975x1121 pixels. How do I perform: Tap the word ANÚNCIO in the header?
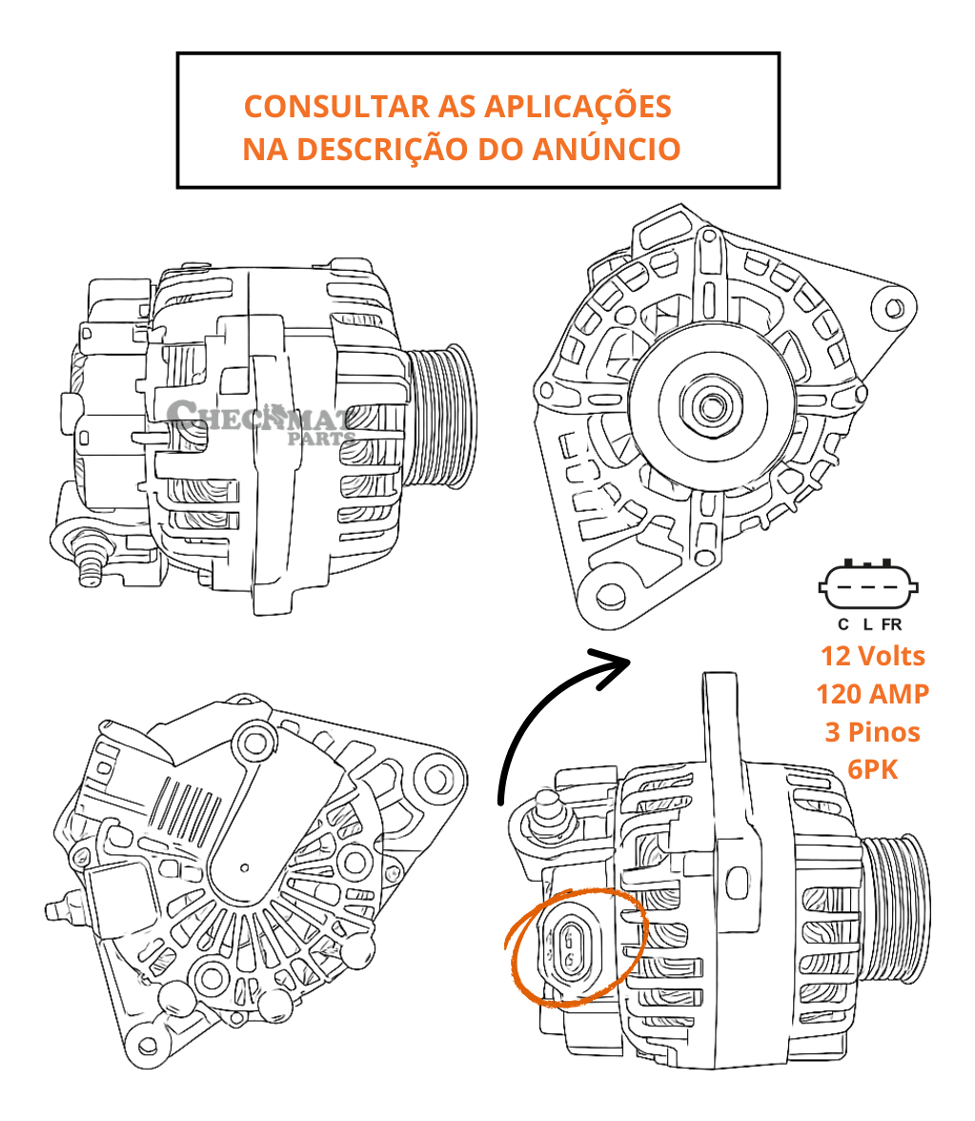606,149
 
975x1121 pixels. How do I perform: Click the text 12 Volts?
872,656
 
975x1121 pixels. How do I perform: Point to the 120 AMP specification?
872,694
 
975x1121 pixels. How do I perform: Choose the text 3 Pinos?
872,732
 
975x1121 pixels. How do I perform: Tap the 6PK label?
872,769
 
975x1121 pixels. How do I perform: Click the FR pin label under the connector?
891,624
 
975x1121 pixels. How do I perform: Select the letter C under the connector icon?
843,624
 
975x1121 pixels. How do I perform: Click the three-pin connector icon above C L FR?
867,585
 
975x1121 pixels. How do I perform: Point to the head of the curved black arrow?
615,665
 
